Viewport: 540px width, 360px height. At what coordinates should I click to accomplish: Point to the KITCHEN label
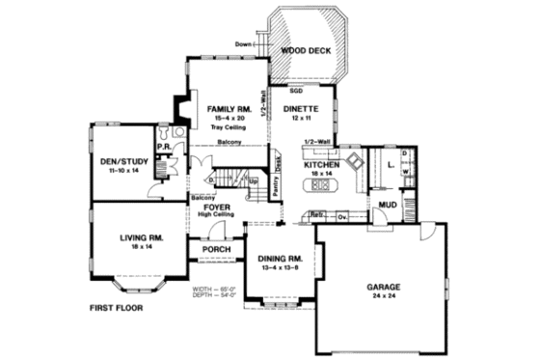click(320, 165)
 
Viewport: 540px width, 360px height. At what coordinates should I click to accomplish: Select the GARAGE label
click(384, 288)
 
